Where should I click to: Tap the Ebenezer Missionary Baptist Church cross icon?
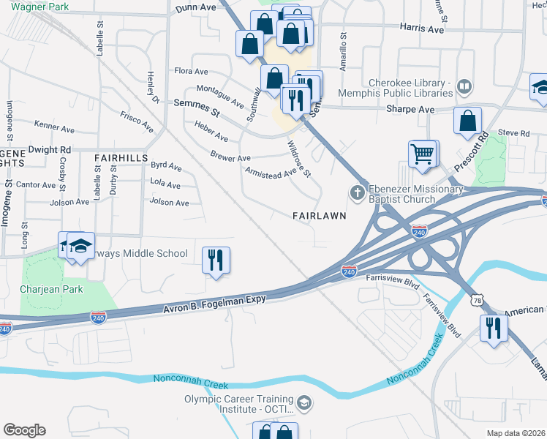(357, 193)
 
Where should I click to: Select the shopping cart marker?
(423, 154)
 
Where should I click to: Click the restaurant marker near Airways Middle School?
(215, 260)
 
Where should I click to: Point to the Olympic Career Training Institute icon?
(304, 403)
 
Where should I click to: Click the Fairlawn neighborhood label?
(319, 217)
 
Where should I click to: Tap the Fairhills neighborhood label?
(121, 158)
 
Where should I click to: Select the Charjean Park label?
(51, 289)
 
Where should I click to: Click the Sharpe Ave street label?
(410, 110)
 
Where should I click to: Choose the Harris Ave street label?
(422, 29)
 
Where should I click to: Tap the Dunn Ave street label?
(197, 7)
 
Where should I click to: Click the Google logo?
(24, 430)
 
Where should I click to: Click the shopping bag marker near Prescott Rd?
(467, 121)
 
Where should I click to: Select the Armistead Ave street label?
(270, 172)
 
